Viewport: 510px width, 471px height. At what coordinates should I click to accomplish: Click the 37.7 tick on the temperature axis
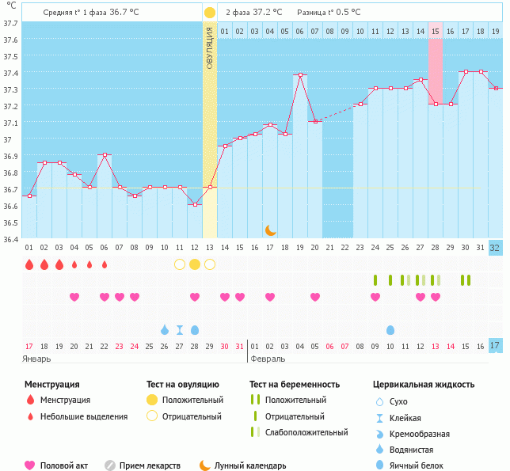pos(10,24)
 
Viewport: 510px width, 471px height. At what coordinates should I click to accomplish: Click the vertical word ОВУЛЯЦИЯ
pos(209,47)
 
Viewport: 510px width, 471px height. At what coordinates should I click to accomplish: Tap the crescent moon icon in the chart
pos(270,230)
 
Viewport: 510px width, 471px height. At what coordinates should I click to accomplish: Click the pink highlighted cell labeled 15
pos(436,31)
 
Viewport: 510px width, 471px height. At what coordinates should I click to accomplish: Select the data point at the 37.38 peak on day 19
pos(299,75)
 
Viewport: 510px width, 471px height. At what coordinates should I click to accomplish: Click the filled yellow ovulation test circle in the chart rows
pos(195,264)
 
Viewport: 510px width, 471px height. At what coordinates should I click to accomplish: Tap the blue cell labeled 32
pos(495,248)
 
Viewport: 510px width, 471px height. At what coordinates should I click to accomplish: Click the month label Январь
pos(36,359)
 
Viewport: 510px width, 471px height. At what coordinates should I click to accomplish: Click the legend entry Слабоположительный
pos(306,432)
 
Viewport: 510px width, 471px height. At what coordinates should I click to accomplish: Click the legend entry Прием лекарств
pos(150,465)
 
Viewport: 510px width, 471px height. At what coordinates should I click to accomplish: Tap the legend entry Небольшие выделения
pos(83,416)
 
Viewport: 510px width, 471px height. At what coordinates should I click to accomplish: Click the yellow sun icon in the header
pos(209,13)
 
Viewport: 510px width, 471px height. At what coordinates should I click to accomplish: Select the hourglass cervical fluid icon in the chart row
pos(180,329)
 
